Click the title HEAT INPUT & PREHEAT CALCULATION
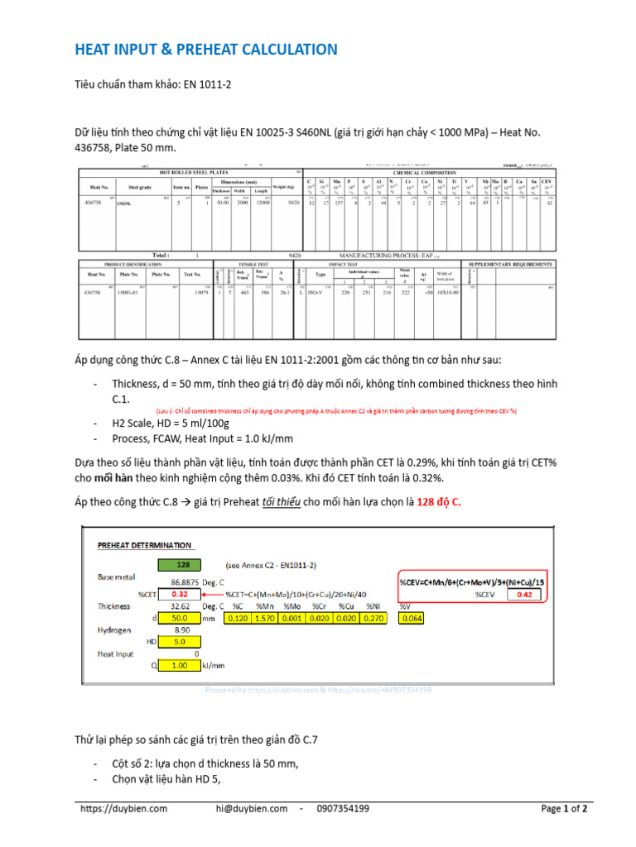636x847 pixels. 208,50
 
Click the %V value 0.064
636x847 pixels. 412,617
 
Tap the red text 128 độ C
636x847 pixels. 438,502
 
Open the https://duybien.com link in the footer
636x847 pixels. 124,809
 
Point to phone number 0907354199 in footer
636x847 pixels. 343,809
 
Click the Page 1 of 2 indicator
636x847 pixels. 564,809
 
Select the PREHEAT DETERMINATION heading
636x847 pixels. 145,545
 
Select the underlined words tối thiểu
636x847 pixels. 264,502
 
